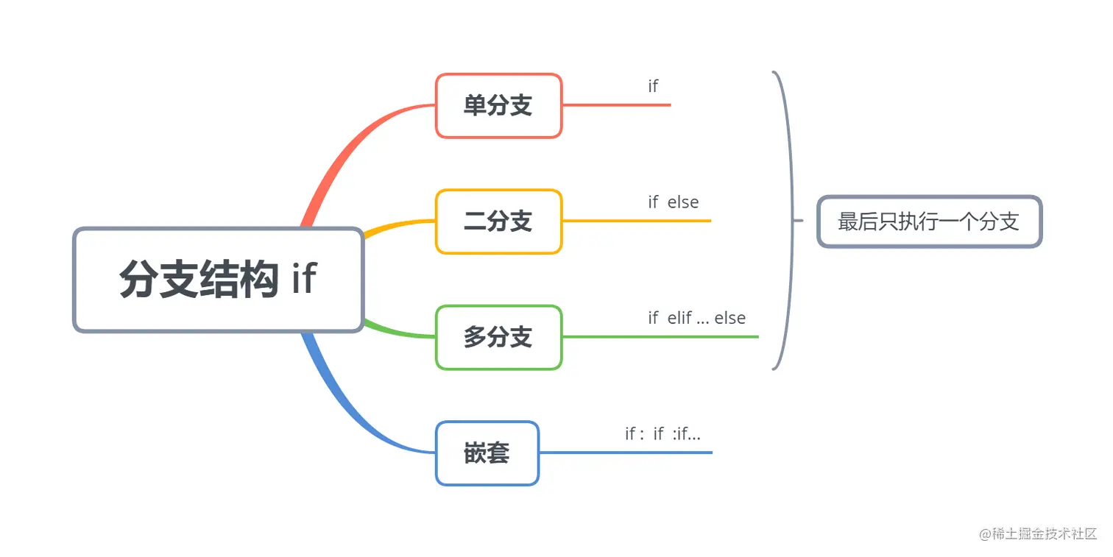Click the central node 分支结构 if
coord(219,280)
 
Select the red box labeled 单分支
coord(498,105)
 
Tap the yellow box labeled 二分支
coord(498,221)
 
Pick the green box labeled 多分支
coord(498,337)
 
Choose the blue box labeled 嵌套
coord(487,453)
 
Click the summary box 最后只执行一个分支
coord(929,221)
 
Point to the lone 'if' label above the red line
coord(653,86)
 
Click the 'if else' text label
coord(673,202)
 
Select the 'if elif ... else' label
coord(696,318)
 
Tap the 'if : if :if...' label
coord(662,434)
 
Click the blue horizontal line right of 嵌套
coord(626,453)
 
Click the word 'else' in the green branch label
coord(729,318)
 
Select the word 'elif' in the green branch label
coord(679,318)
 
